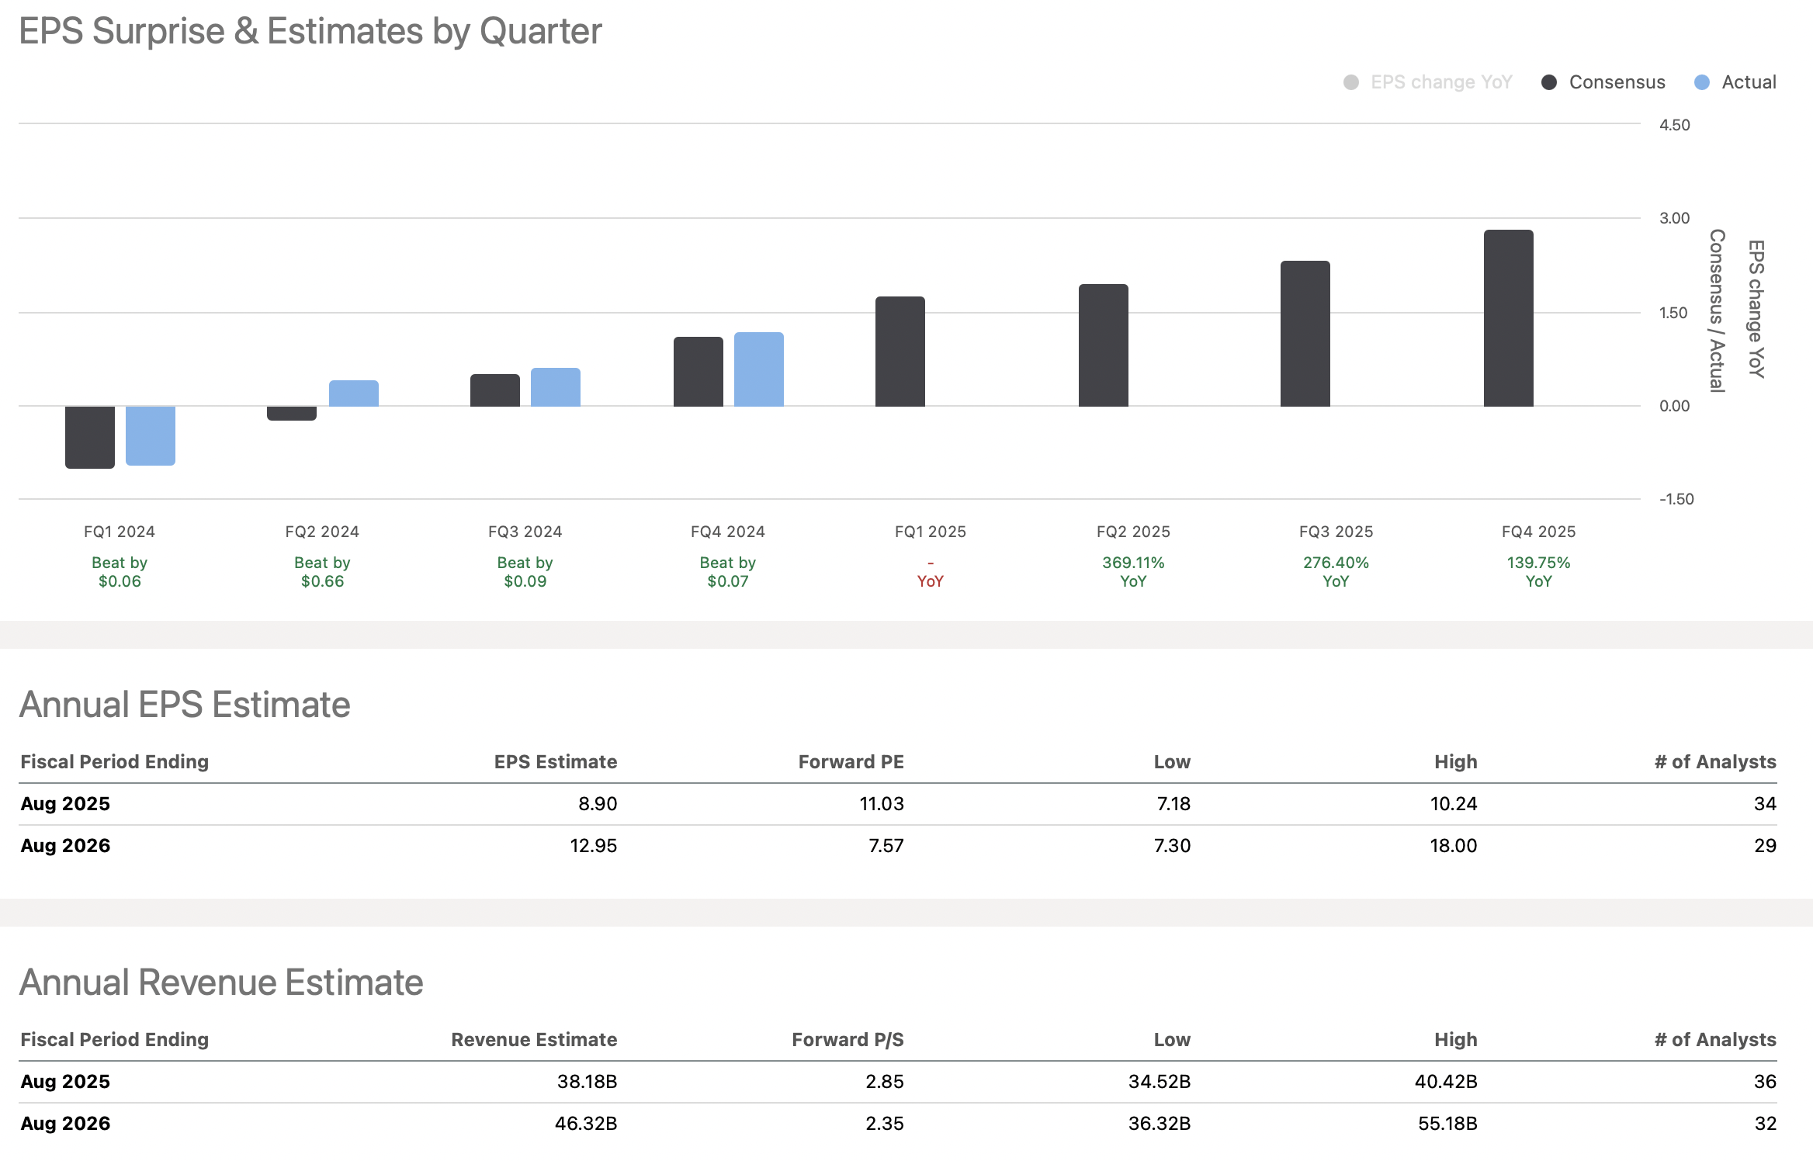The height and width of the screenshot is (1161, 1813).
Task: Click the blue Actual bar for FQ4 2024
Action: pyautogui.click(x=758, y=369)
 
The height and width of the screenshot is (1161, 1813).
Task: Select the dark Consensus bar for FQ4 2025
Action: pyautogui.click(x=1508, y=318)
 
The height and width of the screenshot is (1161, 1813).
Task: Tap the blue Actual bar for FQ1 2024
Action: pyautogui.click(x=150, y=435)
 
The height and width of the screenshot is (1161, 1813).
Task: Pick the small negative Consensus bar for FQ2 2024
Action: pyautogui.click(x=291, y=413)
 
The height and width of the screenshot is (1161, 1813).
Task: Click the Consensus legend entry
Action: pyautogui.click(x=1603, y=82)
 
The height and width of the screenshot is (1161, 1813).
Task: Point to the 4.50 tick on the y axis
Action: pyautogui.click(x=1674, y=125)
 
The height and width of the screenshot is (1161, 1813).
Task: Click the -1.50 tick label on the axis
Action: pyautogui.click(x=1676, y=499)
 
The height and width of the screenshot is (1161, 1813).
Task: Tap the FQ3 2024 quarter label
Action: pyautogui.click(x=525, y=532)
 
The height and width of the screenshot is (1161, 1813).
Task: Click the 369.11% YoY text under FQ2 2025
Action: pyautogui.click(x=1132, y=571)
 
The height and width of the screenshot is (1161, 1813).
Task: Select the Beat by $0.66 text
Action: pyautogui.click(x=322, y=571)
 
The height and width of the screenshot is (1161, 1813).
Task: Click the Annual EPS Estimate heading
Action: pyautogui.click(x=185, y=705)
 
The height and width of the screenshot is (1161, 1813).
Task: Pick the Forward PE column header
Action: pyautogui.click(x=851, y=762)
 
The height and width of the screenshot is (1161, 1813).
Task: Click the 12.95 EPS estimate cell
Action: pyautogui.click(x=593, y=846)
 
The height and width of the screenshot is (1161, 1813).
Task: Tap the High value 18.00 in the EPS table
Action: pyautogui.click(x=1453, y=846)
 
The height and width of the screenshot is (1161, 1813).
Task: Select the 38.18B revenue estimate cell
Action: pyautogui.click(x=587, y=1082)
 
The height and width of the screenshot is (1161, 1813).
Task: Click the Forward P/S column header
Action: pyautogui.click(x=848, y=1040)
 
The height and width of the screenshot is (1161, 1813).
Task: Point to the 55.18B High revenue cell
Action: pyautogui.click(x=1447, y=1124)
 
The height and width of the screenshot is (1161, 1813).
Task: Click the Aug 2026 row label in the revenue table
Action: pyautogui.click(x=65, y=1124)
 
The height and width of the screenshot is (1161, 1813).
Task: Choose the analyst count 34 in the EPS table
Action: pyautogui.click(x=1764, y=804)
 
